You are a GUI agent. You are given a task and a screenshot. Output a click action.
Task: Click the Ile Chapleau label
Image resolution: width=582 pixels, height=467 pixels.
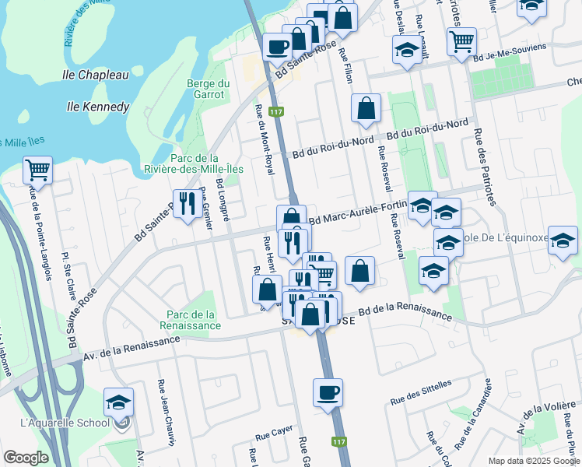coord(95,75)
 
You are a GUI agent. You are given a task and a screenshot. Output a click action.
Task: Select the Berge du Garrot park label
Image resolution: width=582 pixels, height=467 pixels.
coord(205,90)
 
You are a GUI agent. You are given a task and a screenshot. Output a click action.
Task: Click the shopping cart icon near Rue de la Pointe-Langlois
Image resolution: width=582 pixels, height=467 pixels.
coord(37,169)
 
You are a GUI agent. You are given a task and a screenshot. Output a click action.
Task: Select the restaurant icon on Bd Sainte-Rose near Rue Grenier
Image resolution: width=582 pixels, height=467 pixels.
coord(186,204)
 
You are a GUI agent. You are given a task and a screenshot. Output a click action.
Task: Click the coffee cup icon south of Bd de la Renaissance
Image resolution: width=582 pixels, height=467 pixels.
coord(328,392)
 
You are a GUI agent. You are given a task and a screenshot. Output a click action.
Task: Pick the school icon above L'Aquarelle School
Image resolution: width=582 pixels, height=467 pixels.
coord(118,402)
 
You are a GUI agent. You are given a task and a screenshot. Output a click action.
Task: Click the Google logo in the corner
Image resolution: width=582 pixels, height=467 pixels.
coord(26,458)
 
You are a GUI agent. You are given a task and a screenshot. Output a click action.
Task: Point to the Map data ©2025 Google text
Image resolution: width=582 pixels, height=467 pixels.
coord(532,461)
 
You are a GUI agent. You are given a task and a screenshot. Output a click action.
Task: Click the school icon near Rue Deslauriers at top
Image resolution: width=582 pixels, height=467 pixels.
coord(405,52)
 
